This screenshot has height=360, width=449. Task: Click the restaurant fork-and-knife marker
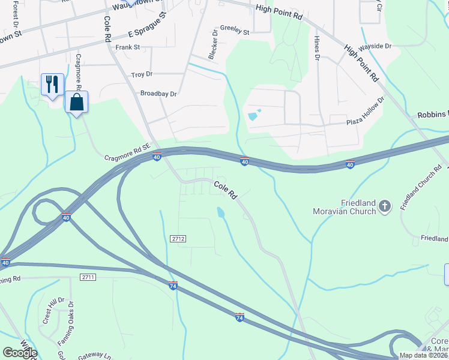point(52,83)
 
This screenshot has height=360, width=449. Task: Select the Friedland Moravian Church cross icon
point(385,206)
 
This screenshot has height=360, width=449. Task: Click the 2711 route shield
point(88,277)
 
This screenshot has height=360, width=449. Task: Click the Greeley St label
point(234,31)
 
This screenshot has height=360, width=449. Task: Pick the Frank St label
point(128,47)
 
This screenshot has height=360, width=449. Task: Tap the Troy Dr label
point(142,74)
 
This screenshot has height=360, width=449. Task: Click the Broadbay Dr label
point(158,94)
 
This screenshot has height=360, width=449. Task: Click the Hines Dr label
point(316,48)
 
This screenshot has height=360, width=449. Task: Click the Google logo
point(20,353)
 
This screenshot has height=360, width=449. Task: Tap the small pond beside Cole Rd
point(221,212)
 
